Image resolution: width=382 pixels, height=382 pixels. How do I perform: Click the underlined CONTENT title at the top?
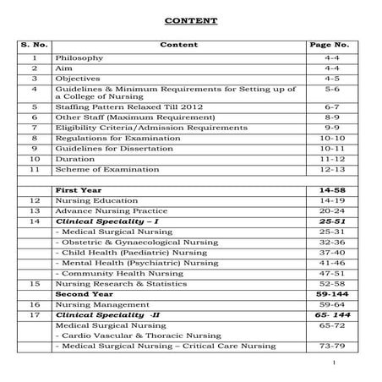tap(190, 19)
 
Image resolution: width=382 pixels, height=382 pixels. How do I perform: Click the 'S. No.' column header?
tap(35, 43)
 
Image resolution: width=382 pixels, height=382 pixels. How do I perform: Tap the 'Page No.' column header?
tap(330, 43)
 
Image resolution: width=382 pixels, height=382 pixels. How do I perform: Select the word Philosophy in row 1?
tap(79, 58)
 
